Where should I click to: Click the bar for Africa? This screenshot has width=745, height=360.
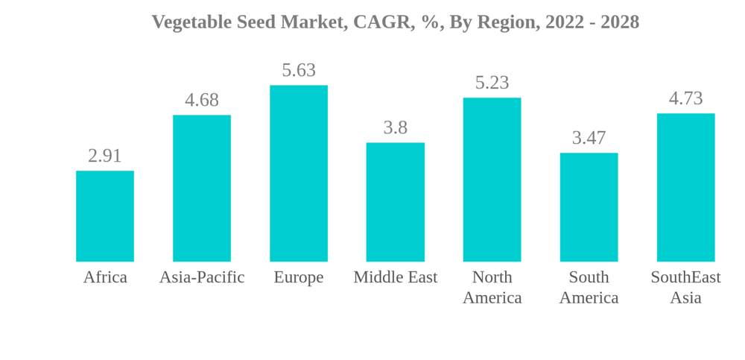[105, 216]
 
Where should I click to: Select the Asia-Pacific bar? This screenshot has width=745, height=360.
[202, 188]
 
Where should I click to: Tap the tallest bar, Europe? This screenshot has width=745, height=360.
[299, 173]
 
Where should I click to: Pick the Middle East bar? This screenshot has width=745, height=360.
[396, 202]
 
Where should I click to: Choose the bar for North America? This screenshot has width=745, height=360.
[492, 180]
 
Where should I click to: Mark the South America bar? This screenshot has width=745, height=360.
[589, 207]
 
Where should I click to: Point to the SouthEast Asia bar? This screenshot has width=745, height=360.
[685, 187]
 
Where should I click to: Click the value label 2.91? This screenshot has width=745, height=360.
[105, 156]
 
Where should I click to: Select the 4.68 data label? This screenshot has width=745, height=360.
[202, 100]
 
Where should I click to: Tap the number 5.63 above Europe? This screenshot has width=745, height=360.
[299, 70]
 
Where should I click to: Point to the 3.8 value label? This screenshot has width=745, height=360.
[396, 127]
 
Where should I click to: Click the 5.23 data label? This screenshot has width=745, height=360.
[492, 83]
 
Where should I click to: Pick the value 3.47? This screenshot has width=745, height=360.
[589, 138]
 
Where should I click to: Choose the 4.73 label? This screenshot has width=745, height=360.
[685, 98]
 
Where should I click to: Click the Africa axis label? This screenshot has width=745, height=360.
[105, 277]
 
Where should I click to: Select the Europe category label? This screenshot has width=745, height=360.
[299, 277]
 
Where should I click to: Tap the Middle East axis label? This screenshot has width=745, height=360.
[396, 277]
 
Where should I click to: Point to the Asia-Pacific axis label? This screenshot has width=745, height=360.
[202, 277]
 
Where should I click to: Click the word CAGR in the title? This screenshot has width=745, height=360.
[380, 22]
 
